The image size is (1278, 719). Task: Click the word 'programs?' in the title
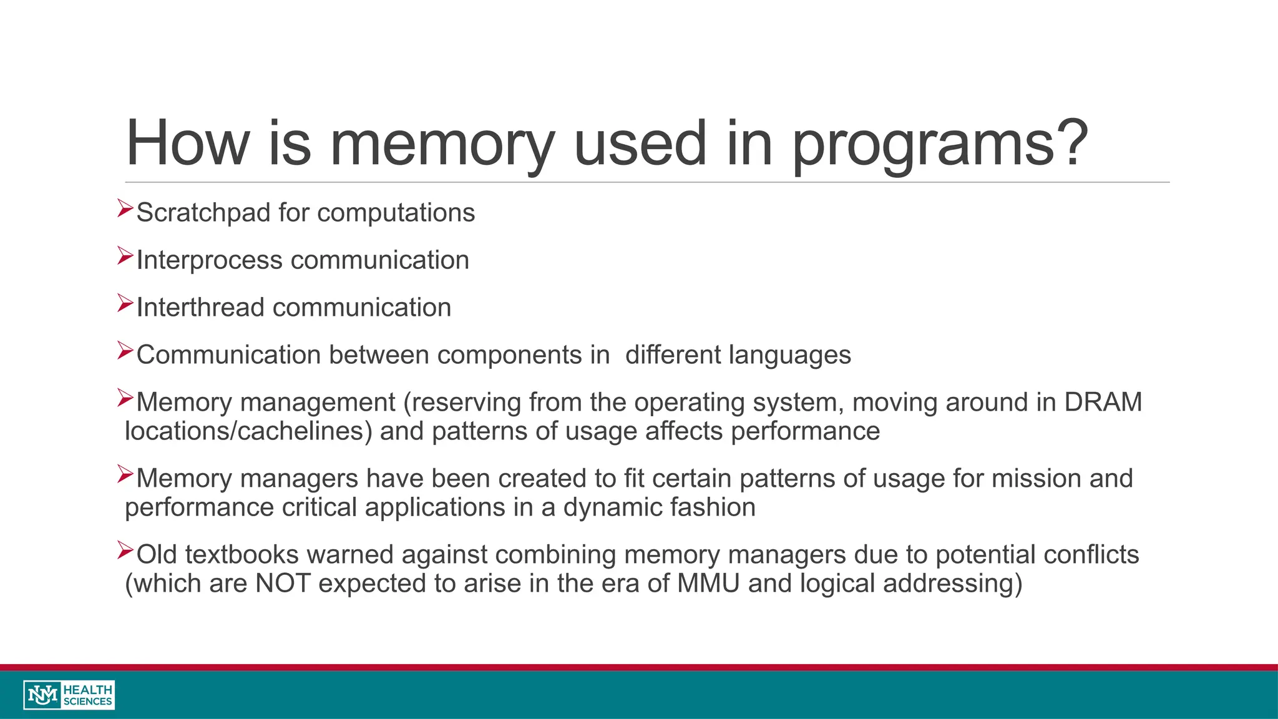[940, 145]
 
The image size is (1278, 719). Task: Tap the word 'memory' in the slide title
[442, 145]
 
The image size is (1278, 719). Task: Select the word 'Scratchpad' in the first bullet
[203, 213]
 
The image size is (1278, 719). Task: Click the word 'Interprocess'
[209, 260]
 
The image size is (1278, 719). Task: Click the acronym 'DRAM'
[1103, 403]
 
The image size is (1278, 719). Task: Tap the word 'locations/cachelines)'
[248, 431]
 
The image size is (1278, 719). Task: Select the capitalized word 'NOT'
[283, 584]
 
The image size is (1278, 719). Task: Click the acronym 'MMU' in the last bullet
[708, 584]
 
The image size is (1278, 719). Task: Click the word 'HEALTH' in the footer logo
[88, 690]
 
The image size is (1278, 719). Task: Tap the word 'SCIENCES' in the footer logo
[88, 702]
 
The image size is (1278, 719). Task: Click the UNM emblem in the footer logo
[42, 695]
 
